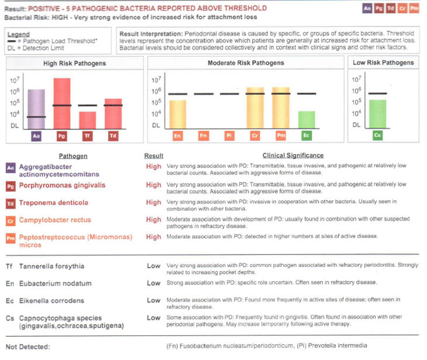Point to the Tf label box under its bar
(87, 136)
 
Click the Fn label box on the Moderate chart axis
(204, 136)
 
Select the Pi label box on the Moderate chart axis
(229, 136)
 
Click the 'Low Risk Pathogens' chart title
(383, 63)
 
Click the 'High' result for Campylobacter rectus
(153, 220)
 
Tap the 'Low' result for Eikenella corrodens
(153, 300)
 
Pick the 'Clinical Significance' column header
(292, 156)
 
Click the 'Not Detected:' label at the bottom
(27, 347)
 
